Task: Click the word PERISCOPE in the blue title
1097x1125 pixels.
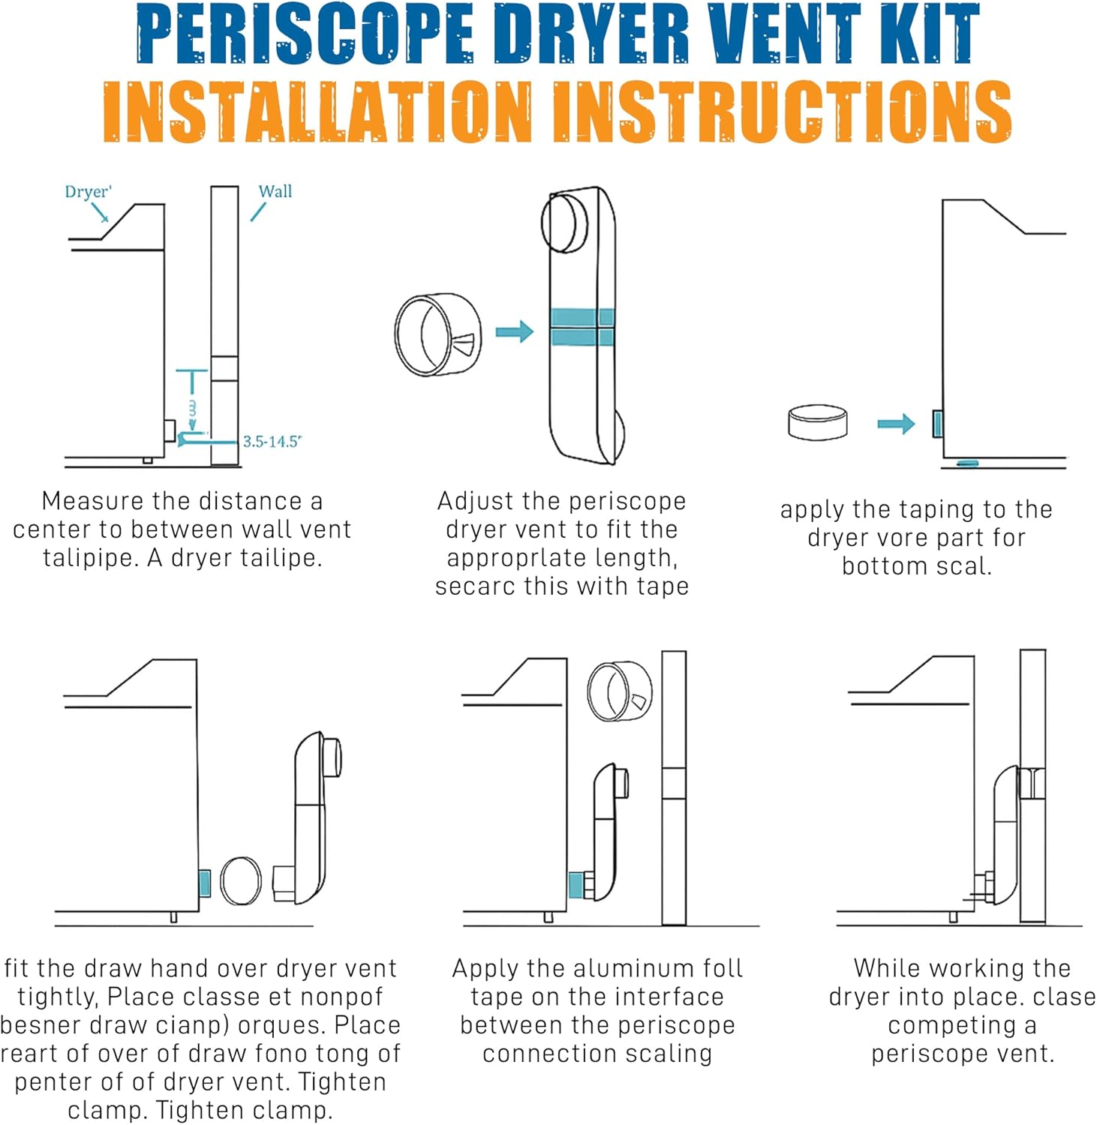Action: [305, 34]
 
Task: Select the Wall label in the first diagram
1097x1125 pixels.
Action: [275, 191]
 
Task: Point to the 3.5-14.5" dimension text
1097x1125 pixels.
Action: [272, 442]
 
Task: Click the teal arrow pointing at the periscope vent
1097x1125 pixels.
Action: [515, 331]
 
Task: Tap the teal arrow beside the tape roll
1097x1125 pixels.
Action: [896, 424]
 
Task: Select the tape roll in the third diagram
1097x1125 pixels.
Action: [818, 421]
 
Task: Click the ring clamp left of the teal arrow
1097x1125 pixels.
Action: [437, 334]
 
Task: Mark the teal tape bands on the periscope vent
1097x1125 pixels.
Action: [582, 327]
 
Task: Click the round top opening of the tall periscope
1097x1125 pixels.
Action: [565, 223]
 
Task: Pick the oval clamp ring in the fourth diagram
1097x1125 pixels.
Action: [241, 880]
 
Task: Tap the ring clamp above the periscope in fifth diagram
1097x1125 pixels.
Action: [619, 691]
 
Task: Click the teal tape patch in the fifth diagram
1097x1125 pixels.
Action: [576, 884]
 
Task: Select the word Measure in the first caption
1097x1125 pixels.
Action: [91, 501]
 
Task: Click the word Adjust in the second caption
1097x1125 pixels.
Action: [468, 501]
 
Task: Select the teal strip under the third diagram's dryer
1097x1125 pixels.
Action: [968, 463]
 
